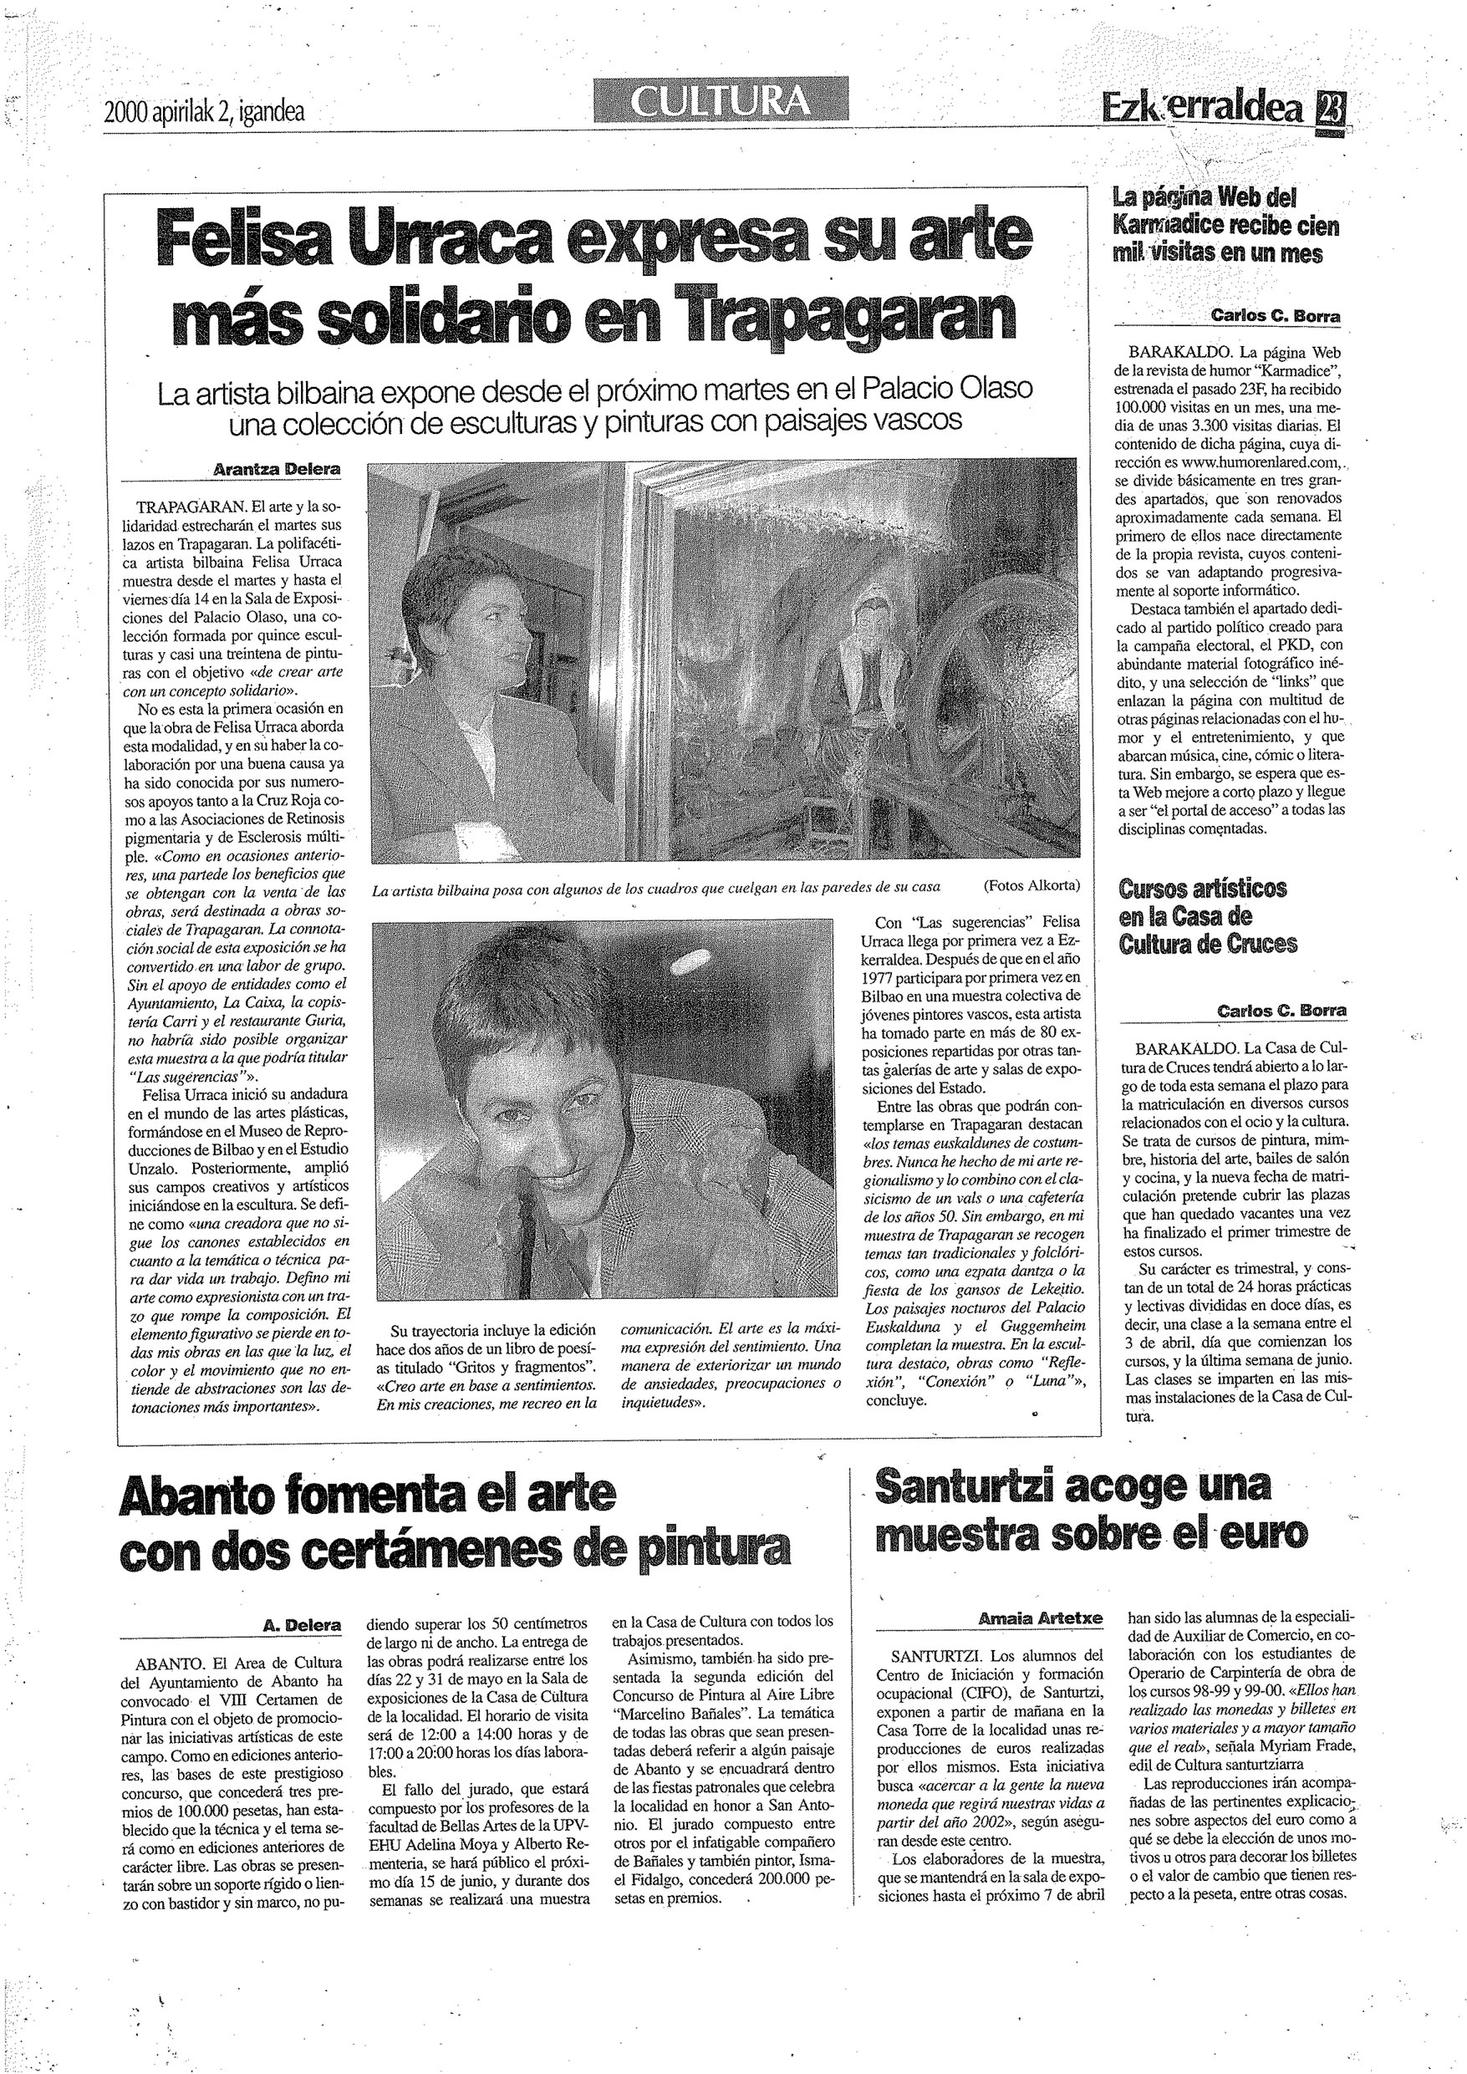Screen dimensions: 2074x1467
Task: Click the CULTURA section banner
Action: point(721,100)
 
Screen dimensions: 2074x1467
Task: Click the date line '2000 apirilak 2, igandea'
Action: point(204,111)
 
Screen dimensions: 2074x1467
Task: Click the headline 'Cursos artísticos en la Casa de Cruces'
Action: point(1208,916)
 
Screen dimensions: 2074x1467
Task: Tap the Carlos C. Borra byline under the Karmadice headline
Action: point(1276,316)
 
